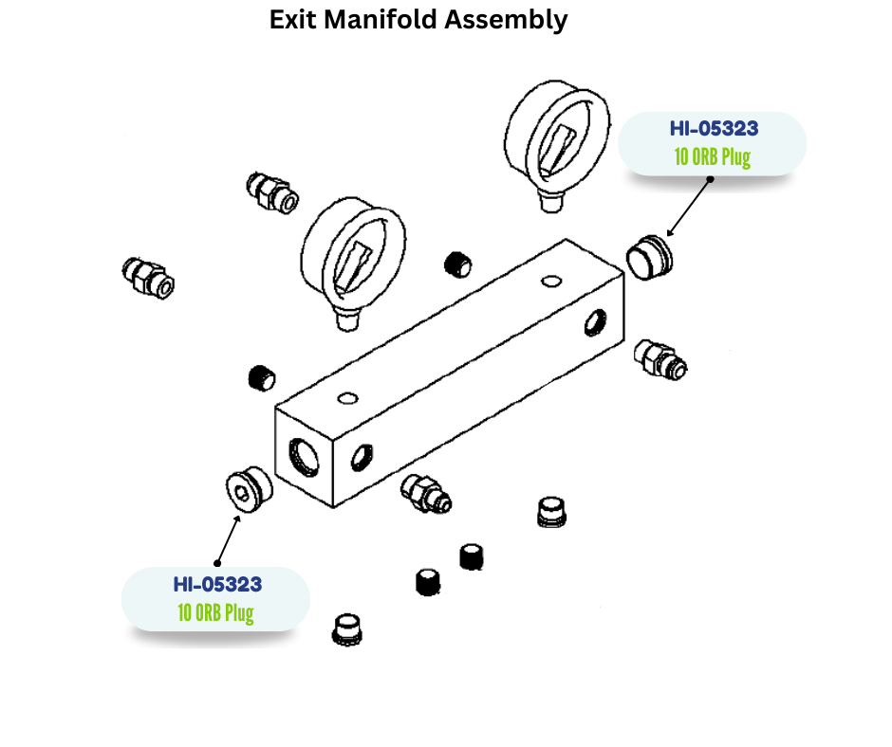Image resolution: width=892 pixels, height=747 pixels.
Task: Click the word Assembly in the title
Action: coord(506,21)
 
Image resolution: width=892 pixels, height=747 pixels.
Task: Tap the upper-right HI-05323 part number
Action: coord(714,129)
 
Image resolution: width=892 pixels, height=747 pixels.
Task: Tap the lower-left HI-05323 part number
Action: coord(217,584)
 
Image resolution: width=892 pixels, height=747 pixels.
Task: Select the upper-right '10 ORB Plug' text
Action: coord(713,157)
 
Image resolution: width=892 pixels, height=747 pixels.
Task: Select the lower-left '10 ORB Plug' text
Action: coord(215,612)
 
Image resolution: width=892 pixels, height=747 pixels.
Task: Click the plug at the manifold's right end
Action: coord(649,258)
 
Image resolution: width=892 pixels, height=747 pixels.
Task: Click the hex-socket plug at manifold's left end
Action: coord(249,489)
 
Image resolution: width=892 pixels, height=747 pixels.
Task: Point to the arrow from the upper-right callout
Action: coord(689,208)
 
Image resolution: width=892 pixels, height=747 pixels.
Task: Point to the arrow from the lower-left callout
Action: coord(228,539)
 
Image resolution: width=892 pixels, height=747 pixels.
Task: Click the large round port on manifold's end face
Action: coord(304,457)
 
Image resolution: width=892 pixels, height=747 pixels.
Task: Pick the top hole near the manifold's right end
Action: coord(551,281)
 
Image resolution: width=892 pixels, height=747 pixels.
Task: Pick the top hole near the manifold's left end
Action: coord(347,398)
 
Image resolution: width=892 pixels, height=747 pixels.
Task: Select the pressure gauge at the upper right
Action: coord(557,146)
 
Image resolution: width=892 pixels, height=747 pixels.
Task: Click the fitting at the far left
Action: coord(148,277)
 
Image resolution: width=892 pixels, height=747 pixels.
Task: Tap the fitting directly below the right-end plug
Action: coord(660,360)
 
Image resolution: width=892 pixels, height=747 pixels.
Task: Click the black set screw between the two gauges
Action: coord(457,264)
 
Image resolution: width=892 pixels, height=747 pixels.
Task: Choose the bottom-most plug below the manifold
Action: coord(347,629)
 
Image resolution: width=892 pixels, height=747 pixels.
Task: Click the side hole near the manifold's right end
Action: coord(595,322)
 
